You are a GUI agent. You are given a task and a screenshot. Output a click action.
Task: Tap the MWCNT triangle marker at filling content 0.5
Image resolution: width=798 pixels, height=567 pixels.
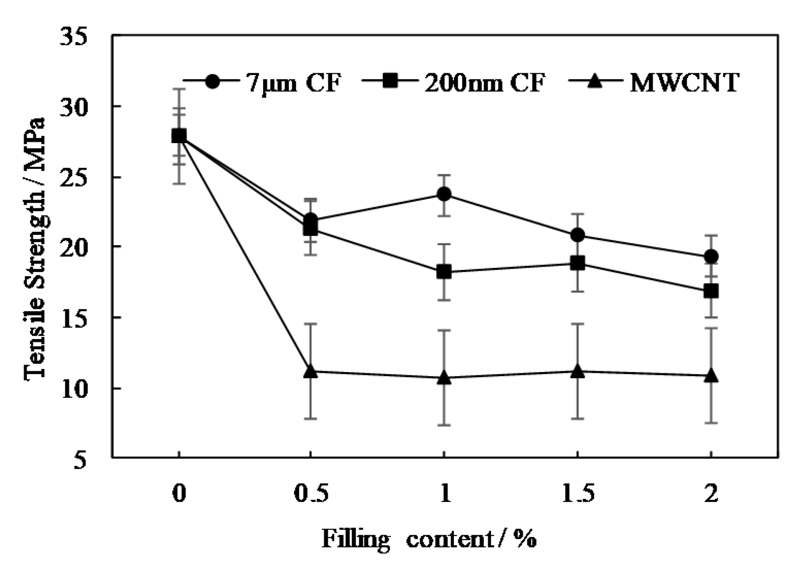click(310, 372)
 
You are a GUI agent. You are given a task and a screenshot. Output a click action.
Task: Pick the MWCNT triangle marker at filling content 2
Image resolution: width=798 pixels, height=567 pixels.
click(711, 375)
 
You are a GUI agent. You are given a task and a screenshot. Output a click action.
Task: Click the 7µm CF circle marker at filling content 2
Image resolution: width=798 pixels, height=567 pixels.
click(711, 257)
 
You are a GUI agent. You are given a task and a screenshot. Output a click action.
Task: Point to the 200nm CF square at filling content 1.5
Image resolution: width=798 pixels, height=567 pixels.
click(577, 263)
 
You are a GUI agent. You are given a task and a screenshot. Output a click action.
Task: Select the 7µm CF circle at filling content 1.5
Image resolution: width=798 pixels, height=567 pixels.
click(577, 235)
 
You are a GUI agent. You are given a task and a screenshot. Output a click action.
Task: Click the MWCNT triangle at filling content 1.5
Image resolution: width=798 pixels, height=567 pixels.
click(577, 372)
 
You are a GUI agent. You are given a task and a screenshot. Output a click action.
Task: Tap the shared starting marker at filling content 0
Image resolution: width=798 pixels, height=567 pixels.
click(179, 136)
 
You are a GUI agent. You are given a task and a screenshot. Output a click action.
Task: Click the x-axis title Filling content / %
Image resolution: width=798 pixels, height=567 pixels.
click(429, 539)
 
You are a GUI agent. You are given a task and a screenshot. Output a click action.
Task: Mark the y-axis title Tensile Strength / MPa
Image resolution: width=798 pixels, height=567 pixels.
click(35, 249)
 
